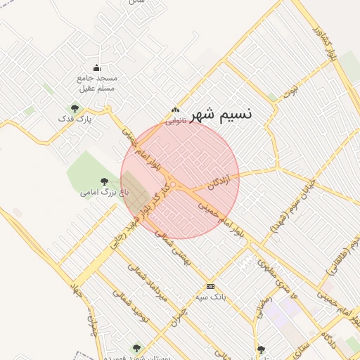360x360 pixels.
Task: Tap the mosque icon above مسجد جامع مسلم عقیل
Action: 96,67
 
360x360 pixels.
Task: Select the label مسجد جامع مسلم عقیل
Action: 97,82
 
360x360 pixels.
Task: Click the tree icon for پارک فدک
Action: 75,108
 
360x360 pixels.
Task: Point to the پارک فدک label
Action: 75,120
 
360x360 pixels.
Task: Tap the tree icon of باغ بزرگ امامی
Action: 105,181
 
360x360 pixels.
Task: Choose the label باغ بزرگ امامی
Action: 97,192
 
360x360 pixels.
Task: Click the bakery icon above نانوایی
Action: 175,110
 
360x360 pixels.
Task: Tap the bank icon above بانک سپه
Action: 210,286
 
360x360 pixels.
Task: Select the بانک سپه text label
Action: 210,297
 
